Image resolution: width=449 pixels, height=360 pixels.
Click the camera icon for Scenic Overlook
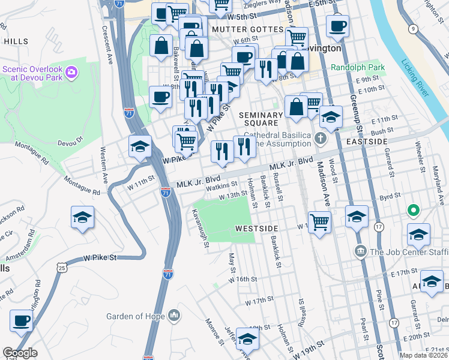point(72,73)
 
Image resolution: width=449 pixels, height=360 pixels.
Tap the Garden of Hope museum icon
point(174,314)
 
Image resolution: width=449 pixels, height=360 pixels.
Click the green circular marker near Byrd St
point(412,211)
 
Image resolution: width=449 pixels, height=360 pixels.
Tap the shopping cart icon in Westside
point(320,222)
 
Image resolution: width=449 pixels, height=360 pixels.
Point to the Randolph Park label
point(355,68)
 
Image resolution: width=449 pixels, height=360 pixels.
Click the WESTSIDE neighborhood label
point(256,229)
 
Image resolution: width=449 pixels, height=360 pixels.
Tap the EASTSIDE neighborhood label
point(367,141)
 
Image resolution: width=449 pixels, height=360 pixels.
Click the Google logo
point(20,353)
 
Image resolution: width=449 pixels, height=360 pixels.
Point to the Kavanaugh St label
point(200,227)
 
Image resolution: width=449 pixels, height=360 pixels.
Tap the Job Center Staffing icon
point(361,250)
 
